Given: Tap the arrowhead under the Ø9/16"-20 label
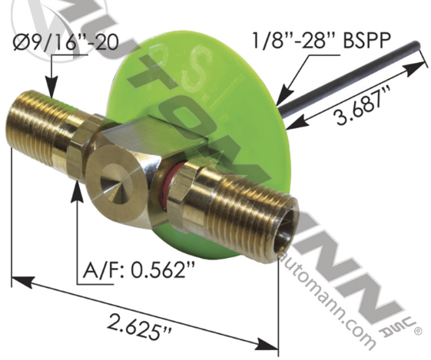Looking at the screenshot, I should [x=51, y=91].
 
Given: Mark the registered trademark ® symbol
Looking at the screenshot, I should [x=416, y=332].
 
